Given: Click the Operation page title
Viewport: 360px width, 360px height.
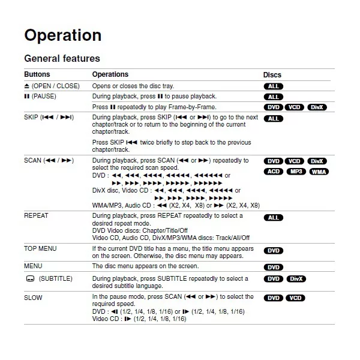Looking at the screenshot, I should point(62,35).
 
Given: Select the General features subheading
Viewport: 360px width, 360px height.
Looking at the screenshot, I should point(62,59).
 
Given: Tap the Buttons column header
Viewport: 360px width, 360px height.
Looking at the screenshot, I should point(37,74).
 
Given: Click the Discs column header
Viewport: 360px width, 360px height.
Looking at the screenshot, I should point(272,75).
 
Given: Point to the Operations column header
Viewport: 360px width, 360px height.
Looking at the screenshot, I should point(110,74).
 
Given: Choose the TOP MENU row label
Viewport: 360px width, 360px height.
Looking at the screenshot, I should point(42,248).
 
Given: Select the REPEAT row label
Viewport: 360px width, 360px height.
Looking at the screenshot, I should point(36,215).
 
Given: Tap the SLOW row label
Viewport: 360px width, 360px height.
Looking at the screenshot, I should point(33,297).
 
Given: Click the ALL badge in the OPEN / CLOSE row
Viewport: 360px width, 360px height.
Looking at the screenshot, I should point(273,86).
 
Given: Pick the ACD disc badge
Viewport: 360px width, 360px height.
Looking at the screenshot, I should point(273,172).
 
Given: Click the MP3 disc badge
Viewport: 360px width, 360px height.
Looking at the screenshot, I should point(295,172).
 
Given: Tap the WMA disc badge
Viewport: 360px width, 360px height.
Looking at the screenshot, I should point(319,172).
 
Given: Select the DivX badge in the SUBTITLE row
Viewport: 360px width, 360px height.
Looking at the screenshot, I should point(295,279).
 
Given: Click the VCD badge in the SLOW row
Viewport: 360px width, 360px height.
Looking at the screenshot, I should point(295,298).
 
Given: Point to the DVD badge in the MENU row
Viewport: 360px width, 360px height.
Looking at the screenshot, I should point(273,268).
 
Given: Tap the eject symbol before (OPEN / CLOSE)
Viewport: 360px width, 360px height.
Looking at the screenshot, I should point(26,86).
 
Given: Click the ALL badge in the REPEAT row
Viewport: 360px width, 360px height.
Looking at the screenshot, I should point(273,218).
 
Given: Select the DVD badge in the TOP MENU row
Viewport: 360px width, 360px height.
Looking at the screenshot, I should point(273,251).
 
